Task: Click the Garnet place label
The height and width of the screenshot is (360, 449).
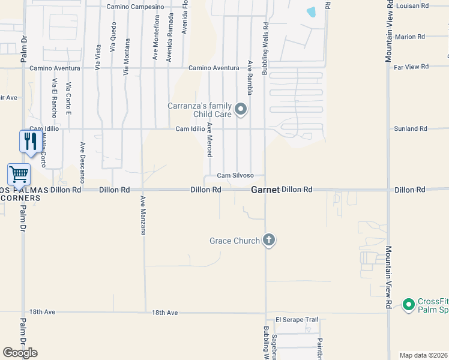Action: pos(265,190)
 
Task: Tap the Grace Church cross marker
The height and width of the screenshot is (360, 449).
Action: pos(269,241)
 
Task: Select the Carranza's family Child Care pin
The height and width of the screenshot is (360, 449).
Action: pos(241,109)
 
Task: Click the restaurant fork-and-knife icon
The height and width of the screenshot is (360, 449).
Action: pos(31,142)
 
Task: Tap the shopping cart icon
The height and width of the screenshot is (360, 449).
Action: pos(19,175)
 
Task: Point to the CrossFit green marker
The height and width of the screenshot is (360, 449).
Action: pos(409,304)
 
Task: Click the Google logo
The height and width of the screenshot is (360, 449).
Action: pos(20,353)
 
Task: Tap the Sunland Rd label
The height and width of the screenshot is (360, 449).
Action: pos(411,128)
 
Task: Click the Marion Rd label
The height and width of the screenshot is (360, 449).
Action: pos(410,37)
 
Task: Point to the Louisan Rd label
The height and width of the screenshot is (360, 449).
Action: pos(412,5)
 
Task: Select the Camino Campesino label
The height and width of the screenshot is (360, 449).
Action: pos(135,7)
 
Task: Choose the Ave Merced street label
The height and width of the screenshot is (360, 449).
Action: pos(209,140)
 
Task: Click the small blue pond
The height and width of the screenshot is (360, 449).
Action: pos(311,11)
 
